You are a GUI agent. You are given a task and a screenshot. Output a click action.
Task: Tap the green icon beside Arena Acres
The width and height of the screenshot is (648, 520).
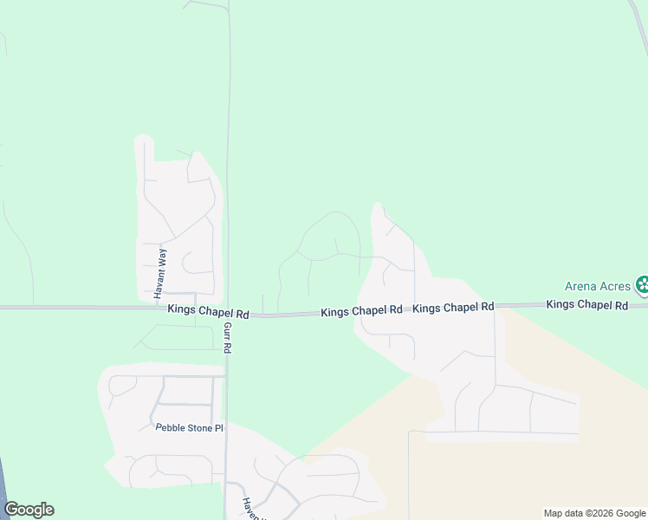click(643, 284)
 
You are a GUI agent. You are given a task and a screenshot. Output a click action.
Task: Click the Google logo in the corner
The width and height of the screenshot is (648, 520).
click(29, 510)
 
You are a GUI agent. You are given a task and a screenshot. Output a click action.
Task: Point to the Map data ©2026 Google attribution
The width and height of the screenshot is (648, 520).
click(594, 513)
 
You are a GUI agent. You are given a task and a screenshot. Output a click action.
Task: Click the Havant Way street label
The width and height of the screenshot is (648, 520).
click(160, 274)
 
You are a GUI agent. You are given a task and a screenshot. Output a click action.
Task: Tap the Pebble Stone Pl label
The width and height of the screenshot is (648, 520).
click(189, 427)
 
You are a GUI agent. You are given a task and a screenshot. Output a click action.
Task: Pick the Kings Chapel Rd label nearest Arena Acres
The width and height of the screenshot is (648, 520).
click(586, 305)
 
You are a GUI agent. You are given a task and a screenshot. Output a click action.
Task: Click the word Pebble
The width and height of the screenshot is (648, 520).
click(171, 427)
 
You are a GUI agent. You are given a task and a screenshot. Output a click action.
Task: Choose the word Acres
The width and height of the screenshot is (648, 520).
click(614, 285)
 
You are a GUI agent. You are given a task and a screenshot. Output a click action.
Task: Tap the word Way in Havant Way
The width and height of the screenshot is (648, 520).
click(160, 257)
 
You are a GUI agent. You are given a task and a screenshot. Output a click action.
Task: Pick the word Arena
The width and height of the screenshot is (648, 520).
click(580, 285)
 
